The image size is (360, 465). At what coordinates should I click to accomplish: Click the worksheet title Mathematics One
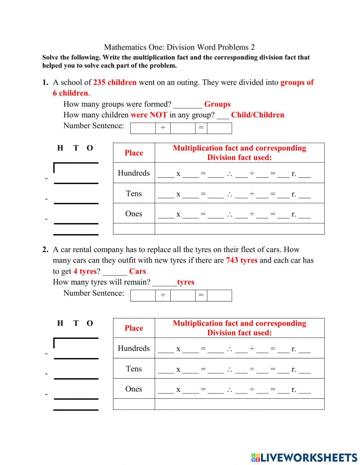179,47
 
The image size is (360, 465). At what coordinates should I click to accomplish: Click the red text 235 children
115,82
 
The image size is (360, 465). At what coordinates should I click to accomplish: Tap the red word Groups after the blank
217,104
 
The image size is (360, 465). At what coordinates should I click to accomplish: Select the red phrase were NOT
149,115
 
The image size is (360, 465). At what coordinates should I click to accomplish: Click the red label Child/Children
257,115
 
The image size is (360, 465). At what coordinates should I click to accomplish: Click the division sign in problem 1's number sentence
163,128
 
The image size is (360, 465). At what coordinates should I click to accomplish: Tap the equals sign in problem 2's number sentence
201,295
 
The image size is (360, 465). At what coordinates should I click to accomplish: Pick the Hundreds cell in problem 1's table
134,173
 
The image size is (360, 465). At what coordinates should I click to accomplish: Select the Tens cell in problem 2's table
134,368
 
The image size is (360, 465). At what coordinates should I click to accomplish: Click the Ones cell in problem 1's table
134,214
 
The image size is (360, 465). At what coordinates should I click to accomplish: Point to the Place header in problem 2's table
134,328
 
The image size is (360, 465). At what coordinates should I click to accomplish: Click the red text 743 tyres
242,260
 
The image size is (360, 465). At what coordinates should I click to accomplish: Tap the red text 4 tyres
85,271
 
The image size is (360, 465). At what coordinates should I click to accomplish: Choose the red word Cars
138,271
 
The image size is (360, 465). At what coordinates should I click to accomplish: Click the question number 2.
45,250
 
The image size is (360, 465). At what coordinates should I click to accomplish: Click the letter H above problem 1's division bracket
60,148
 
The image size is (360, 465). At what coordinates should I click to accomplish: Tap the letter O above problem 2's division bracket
90,323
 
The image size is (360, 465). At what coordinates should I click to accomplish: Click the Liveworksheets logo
304,457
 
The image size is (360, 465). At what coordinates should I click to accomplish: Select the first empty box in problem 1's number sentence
143,128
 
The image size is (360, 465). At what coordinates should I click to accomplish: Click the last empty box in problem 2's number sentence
219,295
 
